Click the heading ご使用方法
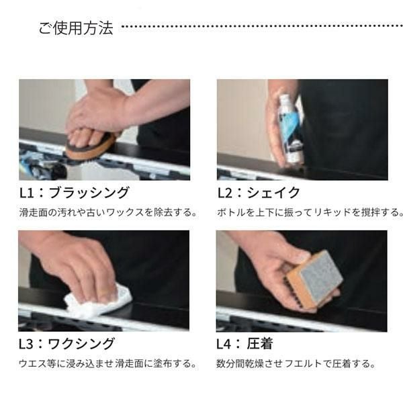pos(76,28)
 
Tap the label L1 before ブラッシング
pos(27,193)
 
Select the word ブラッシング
pos(89,193)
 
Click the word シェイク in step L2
pos(273,193)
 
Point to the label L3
pos(26,344)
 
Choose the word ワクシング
pos(81,344)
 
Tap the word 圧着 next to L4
pos(259,344)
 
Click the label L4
pos(224,344)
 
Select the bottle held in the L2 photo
pos(290,128)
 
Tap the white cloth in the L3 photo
pos(97,301)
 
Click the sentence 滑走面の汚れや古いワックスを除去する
pos(108,212)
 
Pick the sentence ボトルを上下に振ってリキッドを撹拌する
pos(310,212)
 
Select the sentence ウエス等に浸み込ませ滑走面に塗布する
pos(107,363)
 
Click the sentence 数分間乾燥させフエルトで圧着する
pos(296,363)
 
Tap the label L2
pos(225,193)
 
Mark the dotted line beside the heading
pos(262,26)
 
